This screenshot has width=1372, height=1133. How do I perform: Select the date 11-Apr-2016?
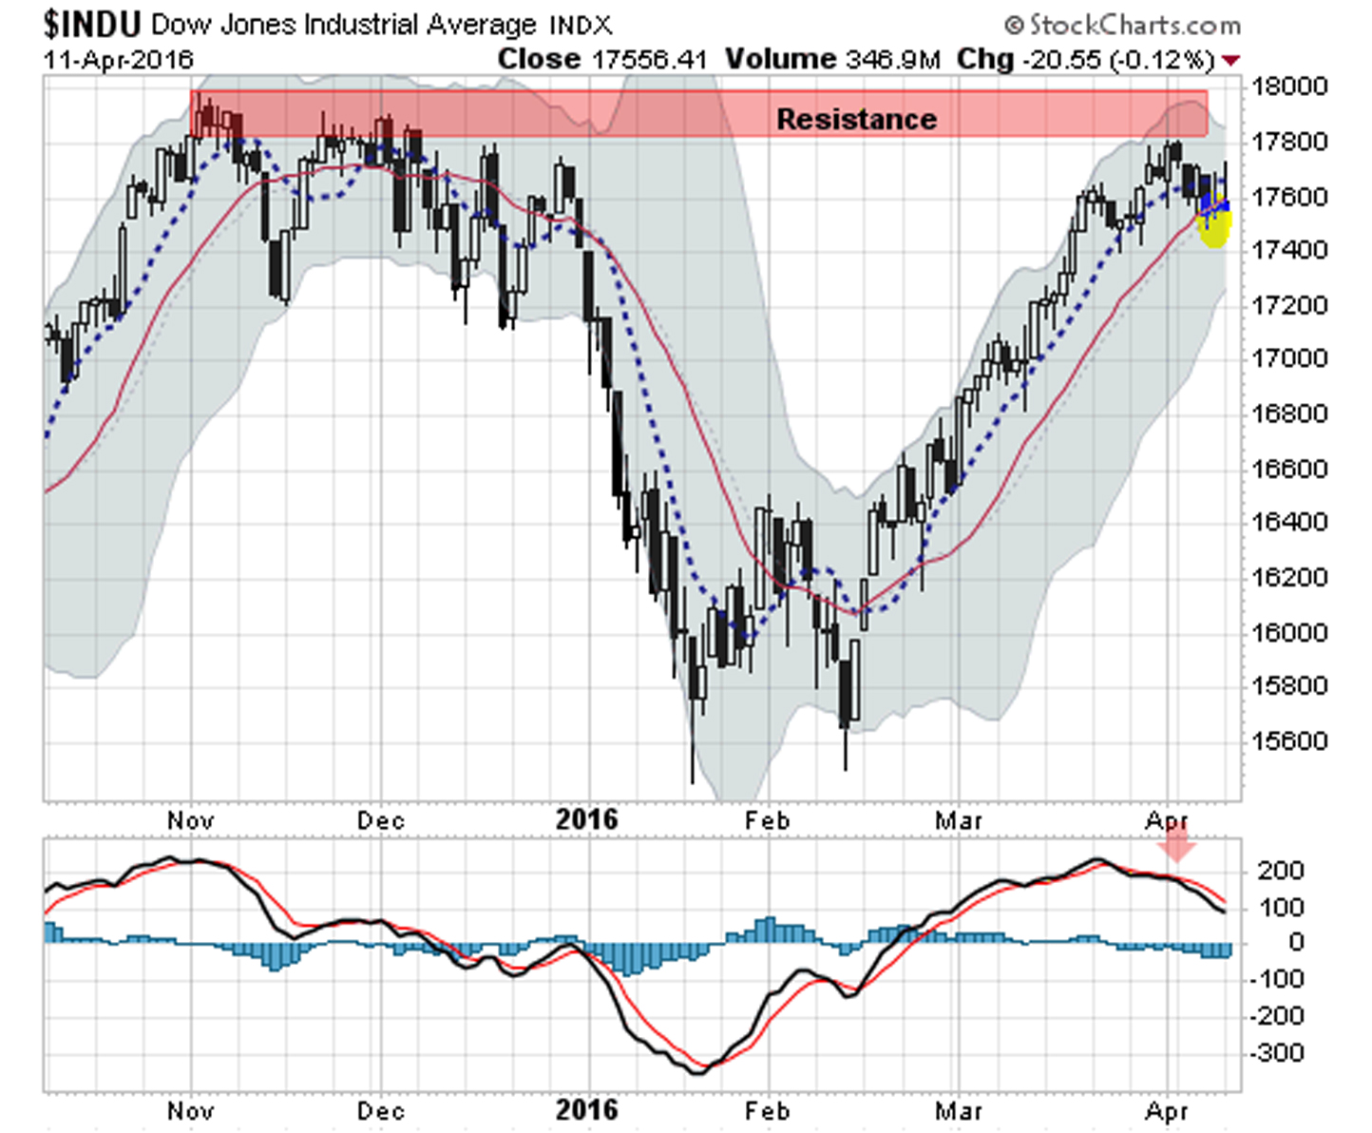tap(118, 60)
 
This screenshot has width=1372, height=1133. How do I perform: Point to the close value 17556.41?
tap(650, 60)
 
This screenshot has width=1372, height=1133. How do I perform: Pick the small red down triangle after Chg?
tap(1231, 61)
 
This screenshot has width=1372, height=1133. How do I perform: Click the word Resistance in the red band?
tap(856, 119)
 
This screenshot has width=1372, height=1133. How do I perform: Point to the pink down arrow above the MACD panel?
tap(1178, 843)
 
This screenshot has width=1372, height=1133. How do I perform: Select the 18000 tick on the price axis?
tap(1289, 86)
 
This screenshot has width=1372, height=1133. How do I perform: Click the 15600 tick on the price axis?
tap(1289, 740)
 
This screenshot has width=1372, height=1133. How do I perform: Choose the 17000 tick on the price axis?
tap(1289, 358)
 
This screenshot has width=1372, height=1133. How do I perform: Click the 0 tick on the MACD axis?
tap(1296, 942)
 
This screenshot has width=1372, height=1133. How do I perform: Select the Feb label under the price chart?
tap(767, 820)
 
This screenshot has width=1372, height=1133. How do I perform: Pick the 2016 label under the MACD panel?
tap(586, 1109)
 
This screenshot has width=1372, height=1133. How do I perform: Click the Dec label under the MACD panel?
tap(380, 1110)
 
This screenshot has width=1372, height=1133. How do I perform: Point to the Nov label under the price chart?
tap(190, 820)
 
